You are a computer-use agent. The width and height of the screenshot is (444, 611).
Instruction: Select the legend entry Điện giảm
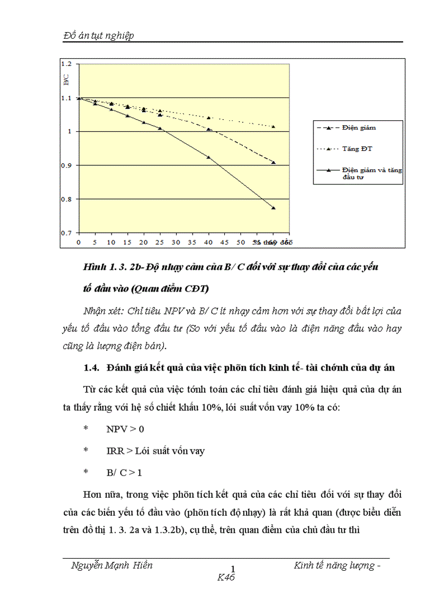pos(359,127)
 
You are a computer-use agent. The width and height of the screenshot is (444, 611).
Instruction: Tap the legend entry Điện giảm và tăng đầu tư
pos(372,174)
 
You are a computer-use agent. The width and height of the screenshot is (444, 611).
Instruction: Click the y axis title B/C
pos(66,82)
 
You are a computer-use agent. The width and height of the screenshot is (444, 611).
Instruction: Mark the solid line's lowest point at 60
pos(274,208)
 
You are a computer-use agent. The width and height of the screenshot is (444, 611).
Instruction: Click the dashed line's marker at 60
pos(274,162)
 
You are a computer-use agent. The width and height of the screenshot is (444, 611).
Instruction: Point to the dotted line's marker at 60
pos(274,127)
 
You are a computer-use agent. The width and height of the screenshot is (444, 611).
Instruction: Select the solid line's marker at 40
pos(209,157)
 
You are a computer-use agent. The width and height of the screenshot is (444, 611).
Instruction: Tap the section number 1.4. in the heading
pos(91,368)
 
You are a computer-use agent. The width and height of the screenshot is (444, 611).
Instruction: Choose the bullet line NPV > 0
pos(126,429)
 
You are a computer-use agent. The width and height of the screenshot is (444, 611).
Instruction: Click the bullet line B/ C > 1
pos(124,473)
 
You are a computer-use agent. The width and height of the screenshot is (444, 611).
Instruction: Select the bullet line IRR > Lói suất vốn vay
pos(156,451)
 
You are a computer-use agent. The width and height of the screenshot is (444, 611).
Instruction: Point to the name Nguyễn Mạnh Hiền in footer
pos(112,565)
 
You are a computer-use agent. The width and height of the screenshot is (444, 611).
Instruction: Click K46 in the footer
pos(225,577)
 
